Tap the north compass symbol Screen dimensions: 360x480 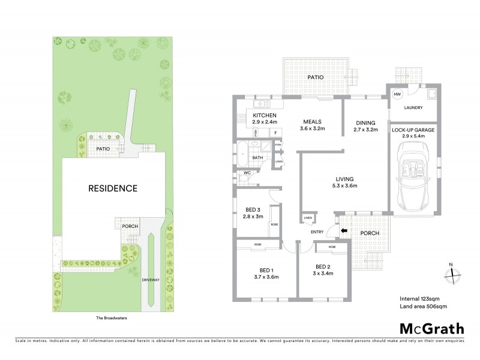[x=451, y=275]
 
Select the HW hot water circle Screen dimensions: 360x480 [x=397, y=95]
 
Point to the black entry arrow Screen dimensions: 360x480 [x=344, y=230]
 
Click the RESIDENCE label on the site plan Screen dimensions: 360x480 [x=113, y=188]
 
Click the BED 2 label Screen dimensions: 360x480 [x=323, y=266]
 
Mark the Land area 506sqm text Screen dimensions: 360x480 [x=424, y=307]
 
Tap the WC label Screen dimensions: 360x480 [x=247, y=173]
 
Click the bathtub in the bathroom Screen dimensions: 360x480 [x=242, y=154]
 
